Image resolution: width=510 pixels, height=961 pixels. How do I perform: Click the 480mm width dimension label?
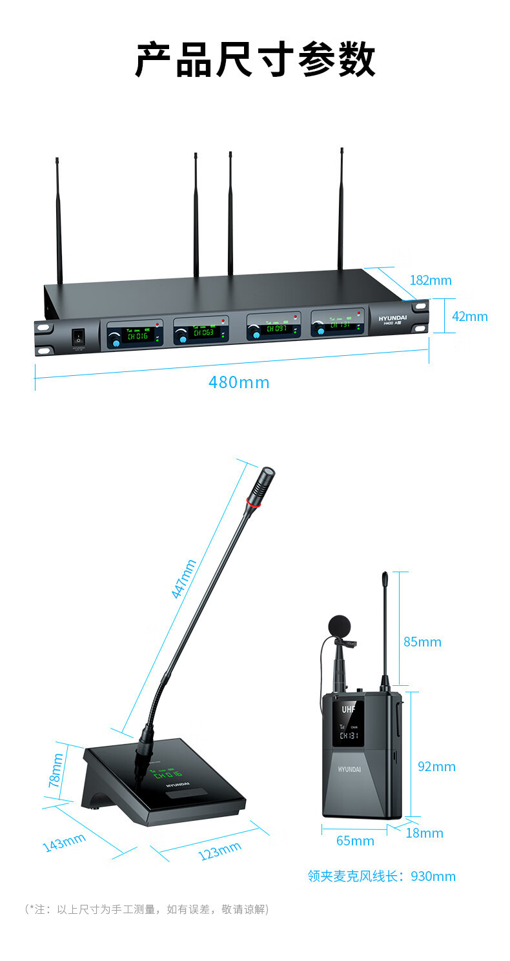(x=238, y=382)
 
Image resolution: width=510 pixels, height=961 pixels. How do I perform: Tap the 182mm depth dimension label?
(x=431, y=280)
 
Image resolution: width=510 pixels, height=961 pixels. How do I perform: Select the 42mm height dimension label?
(x=469, y=316)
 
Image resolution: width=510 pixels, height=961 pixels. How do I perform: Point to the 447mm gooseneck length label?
(x=184, y=579)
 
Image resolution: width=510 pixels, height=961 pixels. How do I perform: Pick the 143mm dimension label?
(x=64, y=842)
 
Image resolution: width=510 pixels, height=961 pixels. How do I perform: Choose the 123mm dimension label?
(x=219, y=851)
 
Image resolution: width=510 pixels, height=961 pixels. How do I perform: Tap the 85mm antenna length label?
(x=422, y=642)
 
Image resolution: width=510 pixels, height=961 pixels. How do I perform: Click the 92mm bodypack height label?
(x=436, y=767)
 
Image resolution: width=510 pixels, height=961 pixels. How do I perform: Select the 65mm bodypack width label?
(x=355, y=841)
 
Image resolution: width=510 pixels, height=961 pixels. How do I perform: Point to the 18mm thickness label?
(x=424, y=833)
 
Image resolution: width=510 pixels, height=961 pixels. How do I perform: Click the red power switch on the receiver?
(x=78, y=336)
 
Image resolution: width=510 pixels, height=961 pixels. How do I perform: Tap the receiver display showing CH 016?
(x=138, y=335)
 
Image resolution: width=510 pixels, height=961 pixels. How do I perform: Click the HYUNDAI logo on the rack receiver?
(x=393, y=319)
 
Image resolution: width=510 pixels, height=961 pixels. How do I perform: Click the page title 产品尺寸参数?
(x=255, y=60)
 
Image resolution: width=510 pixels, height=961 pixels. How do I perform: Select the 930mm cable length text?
(x=382, y=876)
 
